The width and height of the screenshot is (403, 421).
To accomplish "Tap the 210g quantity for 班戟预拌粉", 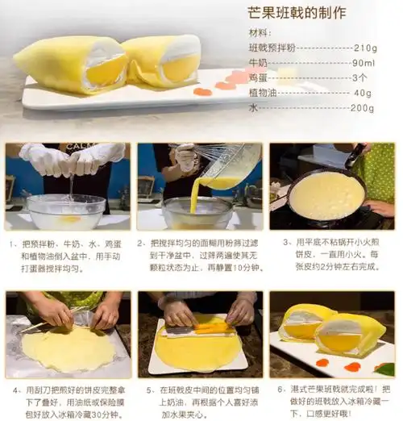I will point(365,48).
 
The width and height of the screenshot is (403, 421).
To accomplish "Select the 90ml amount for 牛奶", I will point(364,63).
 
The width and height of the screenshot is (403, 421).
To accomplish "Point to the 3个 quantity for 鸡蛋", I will point(360,77).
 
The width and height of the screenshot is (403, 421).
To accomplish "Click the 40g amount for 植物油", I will point(363,93).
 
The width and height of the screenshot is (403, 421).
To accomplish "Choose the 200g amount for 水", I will point(362,107).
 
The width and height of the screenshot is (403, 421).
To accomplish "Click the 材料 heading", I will point(260,33).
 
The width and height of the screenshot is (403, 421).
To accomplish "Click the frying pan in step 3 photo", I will point(326,197).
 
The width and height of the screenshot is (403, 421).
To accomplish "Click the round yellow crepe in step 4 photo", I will point(68,348).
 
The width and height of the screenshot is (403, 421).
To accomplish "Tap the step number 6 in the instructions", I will point(275,389).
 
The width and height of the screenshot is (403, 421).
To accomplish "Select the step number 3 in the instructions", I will point(287,241).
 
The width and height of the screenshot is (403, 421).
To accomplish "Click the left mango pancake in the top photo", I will point(73,65).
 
